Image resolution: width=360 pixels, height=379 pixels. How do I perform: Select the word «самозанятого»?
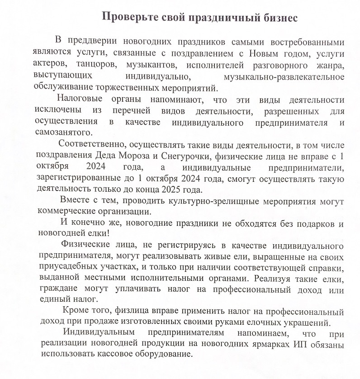63,132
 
